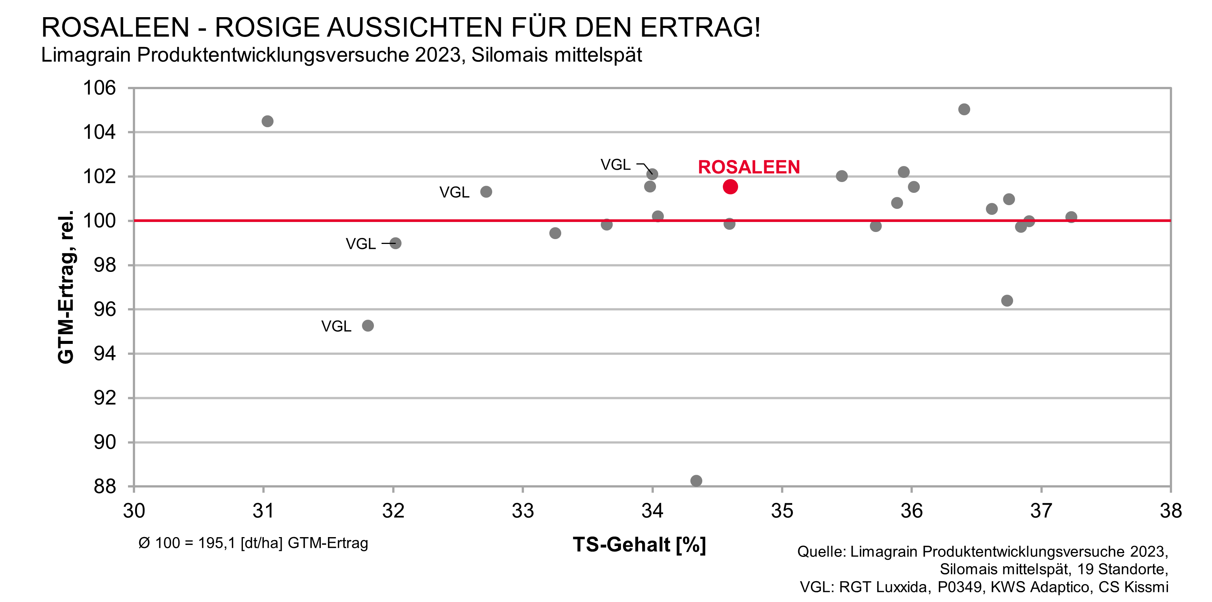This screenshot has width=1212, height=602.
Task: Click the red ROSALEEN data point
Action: pos(730,187)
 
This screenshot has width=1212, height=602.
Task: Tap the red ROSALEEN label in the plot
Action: pos(749,167)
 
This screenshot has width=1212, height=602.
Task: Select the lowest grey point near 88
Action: pos(696,481)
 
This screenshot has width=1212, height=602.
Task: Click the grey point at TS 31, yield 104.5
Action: pos(267,121)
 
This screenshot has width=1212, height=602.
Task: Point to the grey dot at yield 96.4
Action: pos(1007,301)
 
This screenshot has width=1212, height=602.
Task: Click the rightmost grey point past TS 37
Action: pos(1071,217)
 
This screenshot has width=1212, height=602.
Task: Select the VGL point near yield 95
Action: pos(368,326)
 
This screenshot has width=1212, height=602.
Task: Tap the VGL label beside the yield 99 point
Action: pos(360,244)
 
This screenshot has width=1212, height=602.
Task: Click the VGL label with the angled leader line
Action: pos(615,164)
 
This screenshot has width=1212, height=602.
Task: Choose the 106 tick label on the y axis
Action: pos(99,88)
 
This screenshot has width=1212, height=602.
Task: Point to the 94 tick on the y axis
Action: pos(104,354)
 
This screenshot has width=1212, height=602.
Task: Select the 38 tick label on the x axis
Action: pos(1171,511)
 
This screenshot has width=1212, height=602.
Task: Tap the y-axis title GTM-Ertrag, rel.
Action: pos(66,287)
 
